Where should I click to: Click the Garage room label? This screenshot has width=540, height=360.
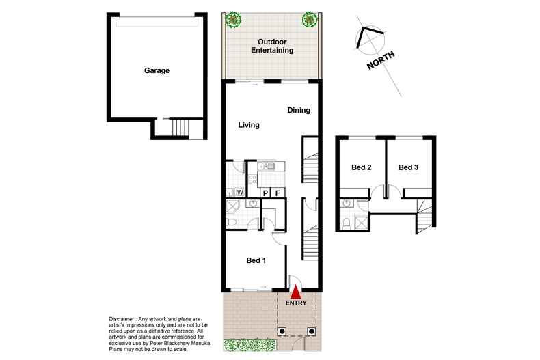click(157, 70)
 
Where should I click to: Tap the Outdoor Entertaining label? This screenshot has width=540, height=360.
click(271, 46)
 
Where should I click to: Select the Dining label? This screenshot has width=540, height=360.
click(299, 110)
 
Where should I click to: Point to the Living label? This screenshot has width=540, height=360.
click(249, 125)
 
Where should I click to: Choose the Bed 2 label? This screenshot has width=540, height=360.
click(361, 167)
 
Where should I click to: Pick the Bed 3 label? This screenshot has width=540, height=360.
click(408, 167)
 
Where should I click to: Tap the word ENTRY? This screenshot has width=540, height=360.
click(297, 303)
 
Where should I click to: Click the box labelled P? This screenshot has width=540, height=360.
click(265, 193)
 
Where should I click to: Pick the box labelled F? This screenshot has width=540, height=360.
click(278, 193)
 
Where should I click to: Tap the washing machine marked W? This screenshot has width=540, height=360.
click(240, 193)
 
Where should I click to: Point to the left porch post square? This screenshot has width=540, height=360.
click(282, 331)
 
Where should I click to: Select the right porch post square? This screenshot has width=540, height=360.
click(312, 331)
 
